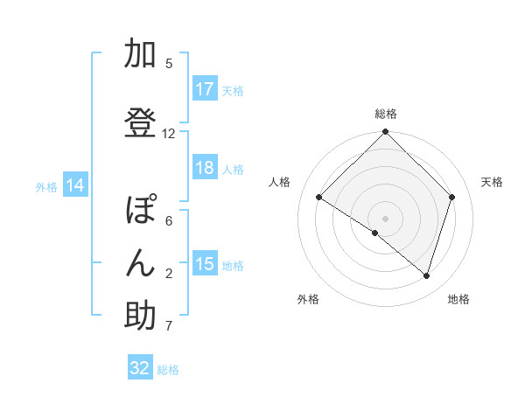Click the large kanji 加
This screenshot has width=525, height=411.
140,54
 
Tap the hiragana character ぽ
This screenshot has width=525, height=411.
140,211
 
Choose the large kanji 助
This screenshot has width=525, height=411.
140,316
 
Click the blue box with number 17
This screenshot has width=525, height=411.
205,89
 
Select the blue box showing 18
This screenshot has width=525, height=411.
205,168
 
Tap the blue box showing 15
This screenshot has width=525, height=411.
205,264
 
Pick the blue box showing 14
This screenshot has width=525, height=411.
74,185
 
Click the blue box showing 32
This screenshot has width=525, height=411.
140,368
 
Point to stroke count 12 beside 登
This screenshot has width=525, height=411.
169,134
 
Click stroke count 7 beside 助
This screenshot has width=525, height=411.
169,327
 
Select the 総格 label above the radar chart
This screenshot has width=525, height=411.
385,114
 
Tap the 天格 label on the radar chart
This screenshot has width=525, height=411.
492,182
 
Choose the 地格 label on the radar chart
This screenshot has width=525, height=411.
458,299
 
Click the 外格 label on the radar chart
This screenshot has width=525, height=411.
308,299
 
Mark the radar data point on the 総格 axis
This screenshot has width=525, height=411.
385,133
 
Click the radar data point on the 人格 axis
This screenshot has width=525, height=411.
319,198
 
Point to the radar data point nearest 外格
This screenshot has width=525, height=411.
375,233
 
